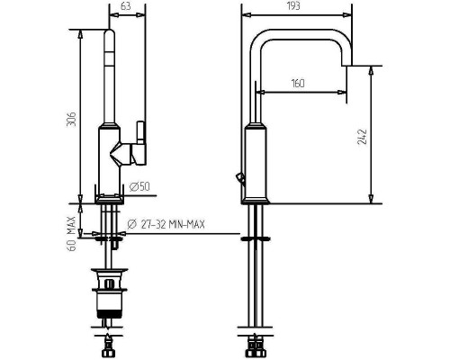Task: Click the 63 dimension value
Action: [x=126, y=6]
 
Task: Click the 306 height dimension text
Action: [x=71, y=120]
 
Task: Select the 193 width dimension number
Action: [x=293, y=5]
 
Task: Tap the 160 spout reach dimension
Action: [x=298, y=83]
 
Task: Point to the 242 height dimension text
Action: [x=362, y=137]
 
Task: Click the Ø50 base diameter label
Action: [x=139, y=187]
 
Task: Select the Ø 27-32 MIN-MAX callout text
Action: [x=166, y=224]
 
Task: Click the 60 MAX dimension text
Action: [x=71, y=233]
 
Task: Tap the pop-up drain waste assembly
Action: [x=110, y=294]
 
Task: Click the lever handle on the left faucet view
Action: [x=140, y=143]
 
